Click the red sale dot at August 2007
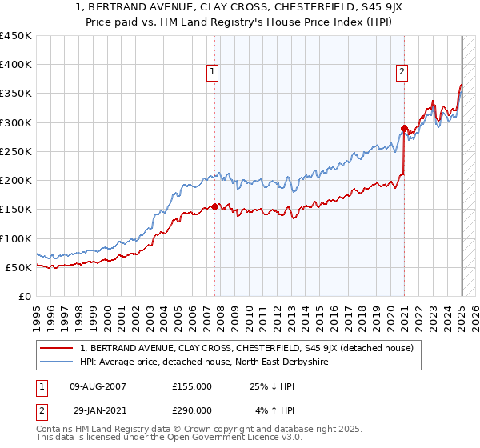pos(214,206)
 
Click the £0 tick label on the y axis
pos(24,296)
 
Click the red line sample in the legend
pos(57,348)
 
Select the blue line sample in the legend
pos(57,362)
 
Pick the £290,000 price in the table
pos(191,410)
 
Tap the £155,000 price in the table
pos(191,386)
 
